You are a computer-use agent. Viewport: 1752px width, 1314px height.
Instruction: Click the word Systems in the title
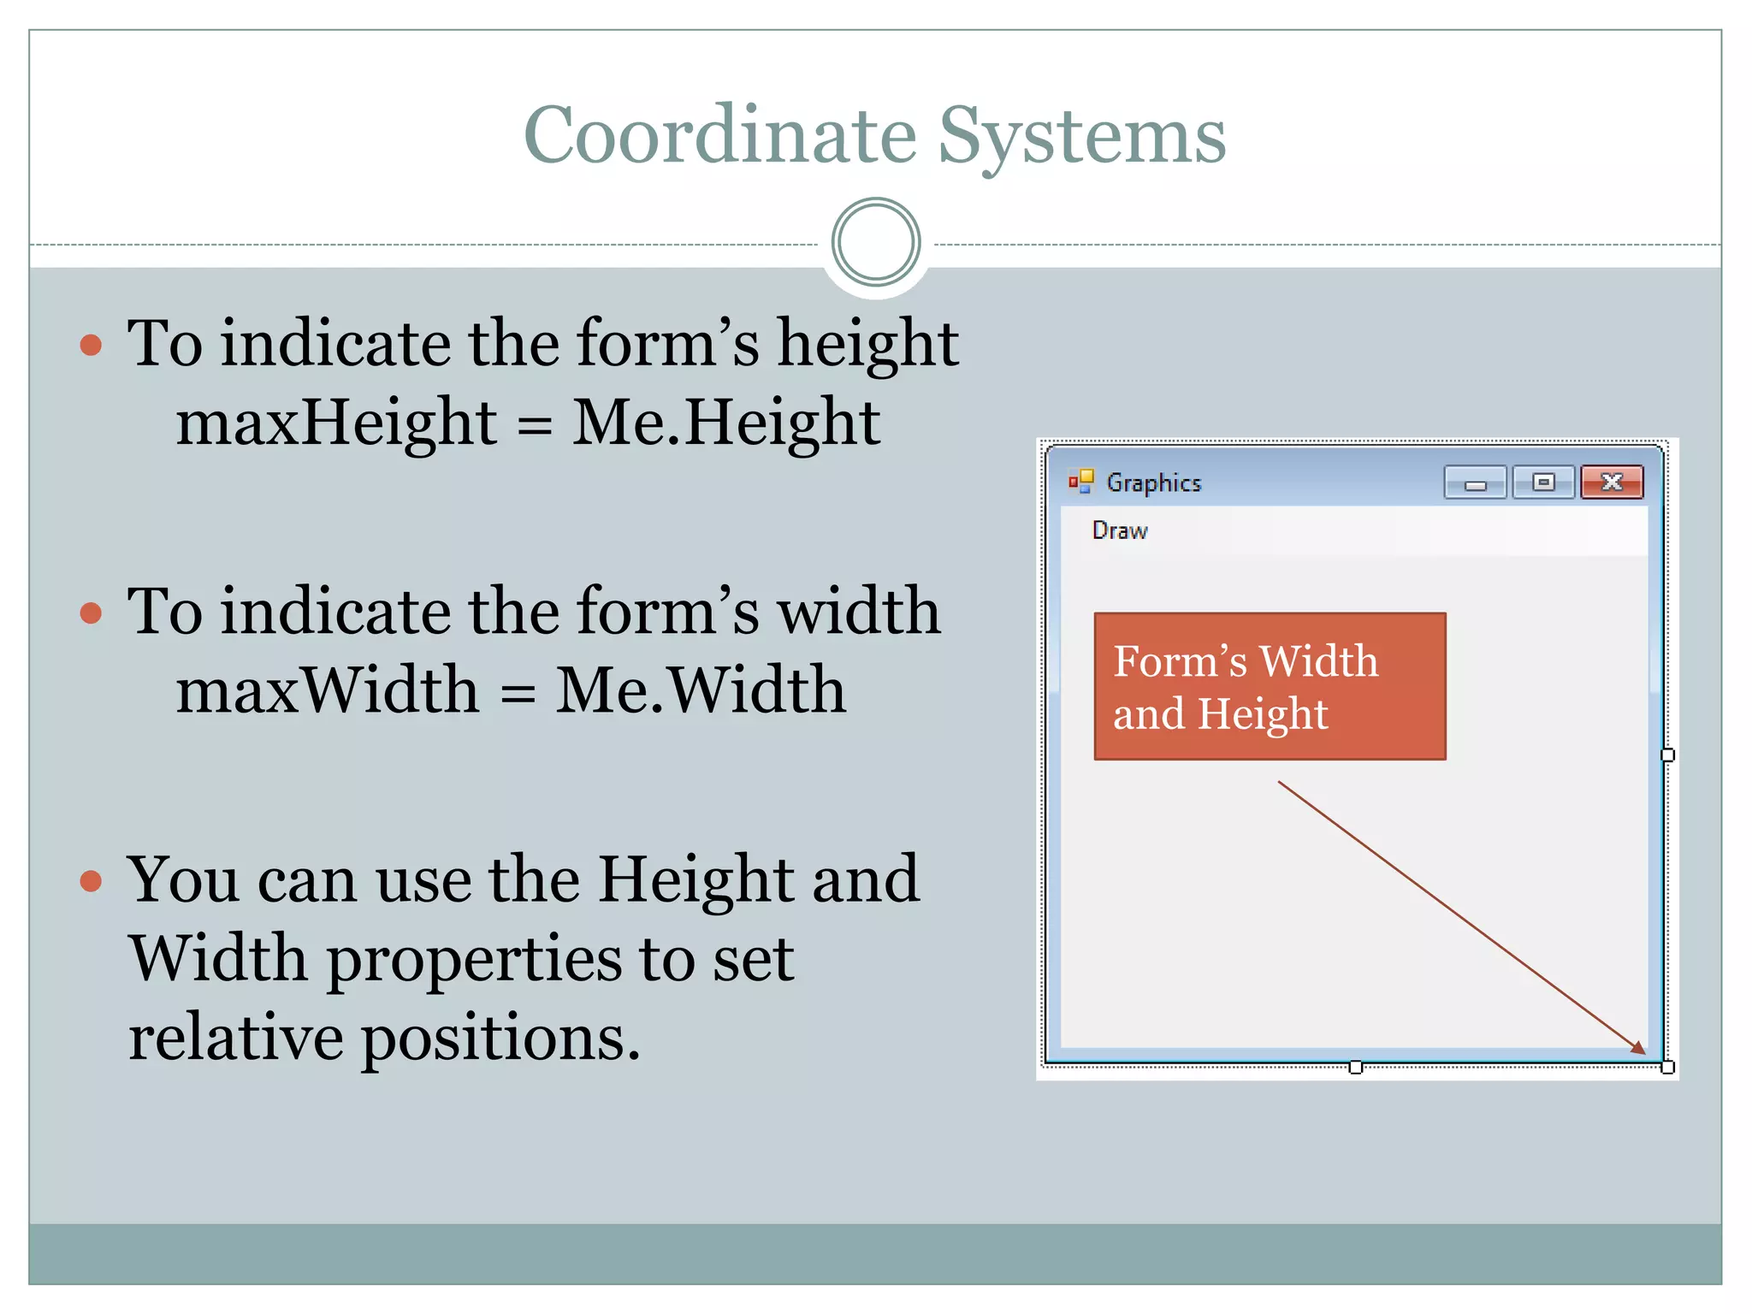tap(1081, 137)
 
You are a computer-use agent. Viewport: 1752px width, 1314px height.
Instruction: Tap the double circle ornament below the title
tap(875, 242)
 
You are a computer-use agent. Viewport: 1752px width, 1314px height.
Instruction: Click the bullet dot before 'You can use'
tap(91, 881)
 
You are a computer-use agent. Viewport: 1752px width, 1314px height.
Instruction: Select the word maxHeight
tap(336, 423)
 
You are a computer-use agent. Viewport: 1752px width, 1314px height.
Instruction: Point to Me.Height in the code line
tap(725, 423)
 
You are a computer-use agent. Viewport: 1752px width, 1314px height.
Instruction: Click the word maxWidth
tap(328, 690)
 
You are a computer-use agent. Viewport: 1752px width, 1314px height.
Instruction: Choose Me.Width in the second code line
tap(701, 690)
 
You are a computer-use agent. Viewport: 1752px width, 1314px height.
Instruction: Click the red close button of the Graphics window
tap(1612, 482)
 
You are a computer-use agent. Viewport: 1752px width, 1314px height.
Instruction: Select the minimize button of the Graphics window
tap(1475, 483)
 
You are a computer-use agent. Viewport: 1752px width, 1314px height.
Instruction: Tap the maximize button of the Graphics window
tap(1543, 482)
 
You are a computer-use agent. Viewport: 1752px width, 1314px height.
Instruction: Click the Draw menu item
tap(1120, 530)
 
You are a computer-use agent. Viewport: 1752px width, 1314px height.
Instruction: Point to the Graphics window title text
tap(1154, 483)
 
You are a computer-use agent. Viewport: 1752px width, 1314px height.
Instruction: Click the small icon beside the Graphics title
tap(1081, 482)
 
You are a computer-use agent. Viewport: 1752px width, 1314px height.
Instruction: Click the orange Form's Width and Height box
tap(1270, 686)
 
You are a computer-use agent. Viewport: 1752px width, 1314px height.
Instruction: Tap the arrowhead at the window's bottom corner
tap(1638, 1048)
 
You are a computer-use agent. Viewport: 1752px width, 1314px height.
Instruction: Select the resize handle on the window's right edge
tap(1667, 755)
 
